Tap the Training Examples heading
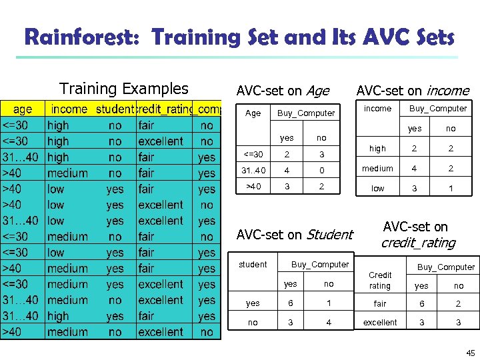pos(124,89)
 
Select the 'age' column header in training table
pos(23,109)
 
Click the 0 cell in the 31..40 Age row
pos(321,170)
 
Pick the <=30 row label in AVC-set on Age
pos(253,155)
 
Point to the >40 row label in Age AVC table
pos(253,186)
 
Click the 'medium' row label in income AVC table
pos(377,169)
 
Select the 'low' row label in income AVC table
pos(377,189)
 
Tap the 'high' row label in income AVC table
pos(377,149)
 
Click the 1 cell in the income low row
pos(451,189)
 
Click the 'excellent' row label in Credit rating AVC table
pos(379,323)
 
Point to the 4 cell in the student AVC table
pos(328,323)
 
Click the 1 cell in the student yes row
pos(328,303)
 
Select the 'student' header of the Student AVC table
pos(253,265)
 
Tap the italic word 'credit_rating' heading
pos(417,243)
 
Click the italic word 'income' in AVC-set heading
pos(447,91)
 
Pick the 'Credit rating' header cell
pos(379,280)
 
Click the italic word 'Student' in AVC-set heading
pos(329,235)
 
